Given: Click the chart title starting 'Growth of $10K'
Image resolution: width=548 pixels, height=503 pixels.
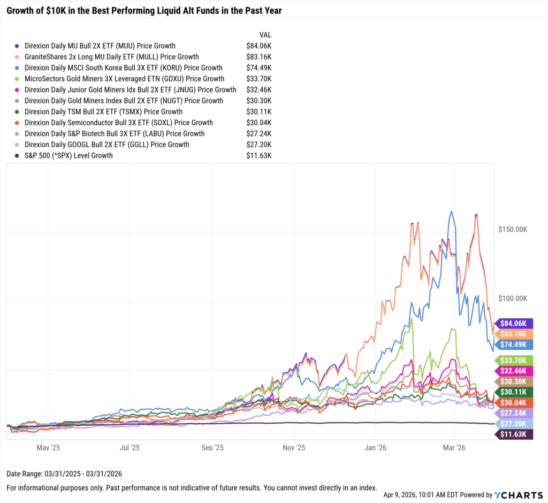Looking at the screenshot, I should (x=144, y=10).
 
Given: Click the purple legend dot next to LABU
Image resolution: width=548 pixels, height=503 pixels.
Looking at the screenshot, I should (x=17, y=134).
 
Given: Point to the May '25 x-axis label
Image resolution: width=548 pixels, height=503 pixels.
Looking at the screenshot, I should (x=49, y=447).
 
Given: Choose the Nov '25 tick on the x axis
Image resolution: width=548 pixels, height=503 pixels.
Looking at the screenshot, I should (x=293, y=447).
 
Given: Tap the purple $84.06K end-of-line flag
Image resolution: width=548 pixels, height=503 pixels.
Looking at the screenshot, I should (x=515, y=324).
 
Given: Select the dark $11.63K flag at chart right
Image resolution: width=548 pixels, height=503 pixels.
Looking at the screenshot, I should (x=515, y=434).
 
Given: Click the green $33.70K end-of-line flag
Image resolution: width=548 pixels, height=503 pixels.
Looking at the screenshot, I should (x=515, y=360).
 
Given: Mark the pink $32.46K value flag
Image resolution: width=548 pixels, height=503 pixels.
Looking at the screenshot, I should (x=515, y=371).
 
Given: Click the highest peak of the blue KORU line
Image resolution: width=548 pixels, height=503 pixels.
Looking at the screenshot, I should (x=452, y=211).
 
